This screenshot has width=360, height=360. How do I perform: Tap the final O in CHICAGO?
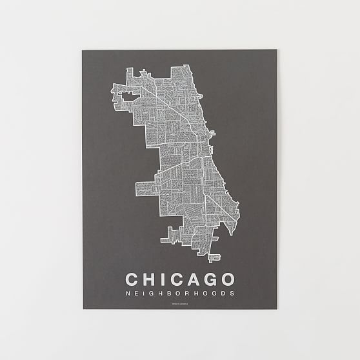[228, 279]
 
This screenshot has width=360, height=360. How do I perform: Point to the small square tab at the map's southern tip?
[211, 259]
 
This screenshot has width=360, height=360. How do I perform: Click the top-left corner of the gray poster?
[83, 51]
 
